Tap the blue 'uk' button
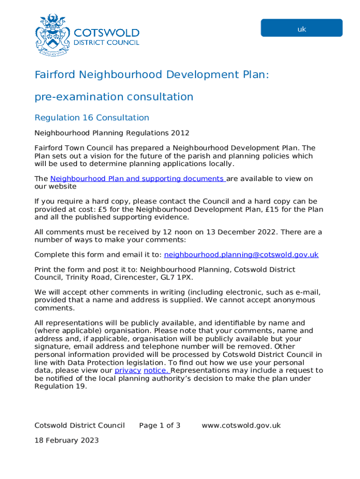click(x=302, y=28)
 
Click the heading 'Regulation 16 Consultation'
click(x=92, y=117)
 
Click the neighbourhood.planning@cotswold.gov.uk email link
click(x=241, y=254)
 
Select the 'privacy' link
click(x=128, y=370)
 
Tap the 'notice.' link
click(x=157, y=370)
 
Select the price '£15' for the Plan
click(x=274, y=209)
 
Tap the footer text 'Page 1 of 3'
click(x=159, y=425)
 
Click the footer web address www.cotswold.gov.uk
click(x=241, y=425)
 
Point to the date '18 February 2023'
click(x=66, y=440)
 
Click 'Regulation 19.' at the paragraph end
click(x=61, y=386)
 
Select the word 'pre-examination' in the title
click(x=76, y=97)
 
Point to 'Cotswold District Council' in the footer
click(x=79, y=425)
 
